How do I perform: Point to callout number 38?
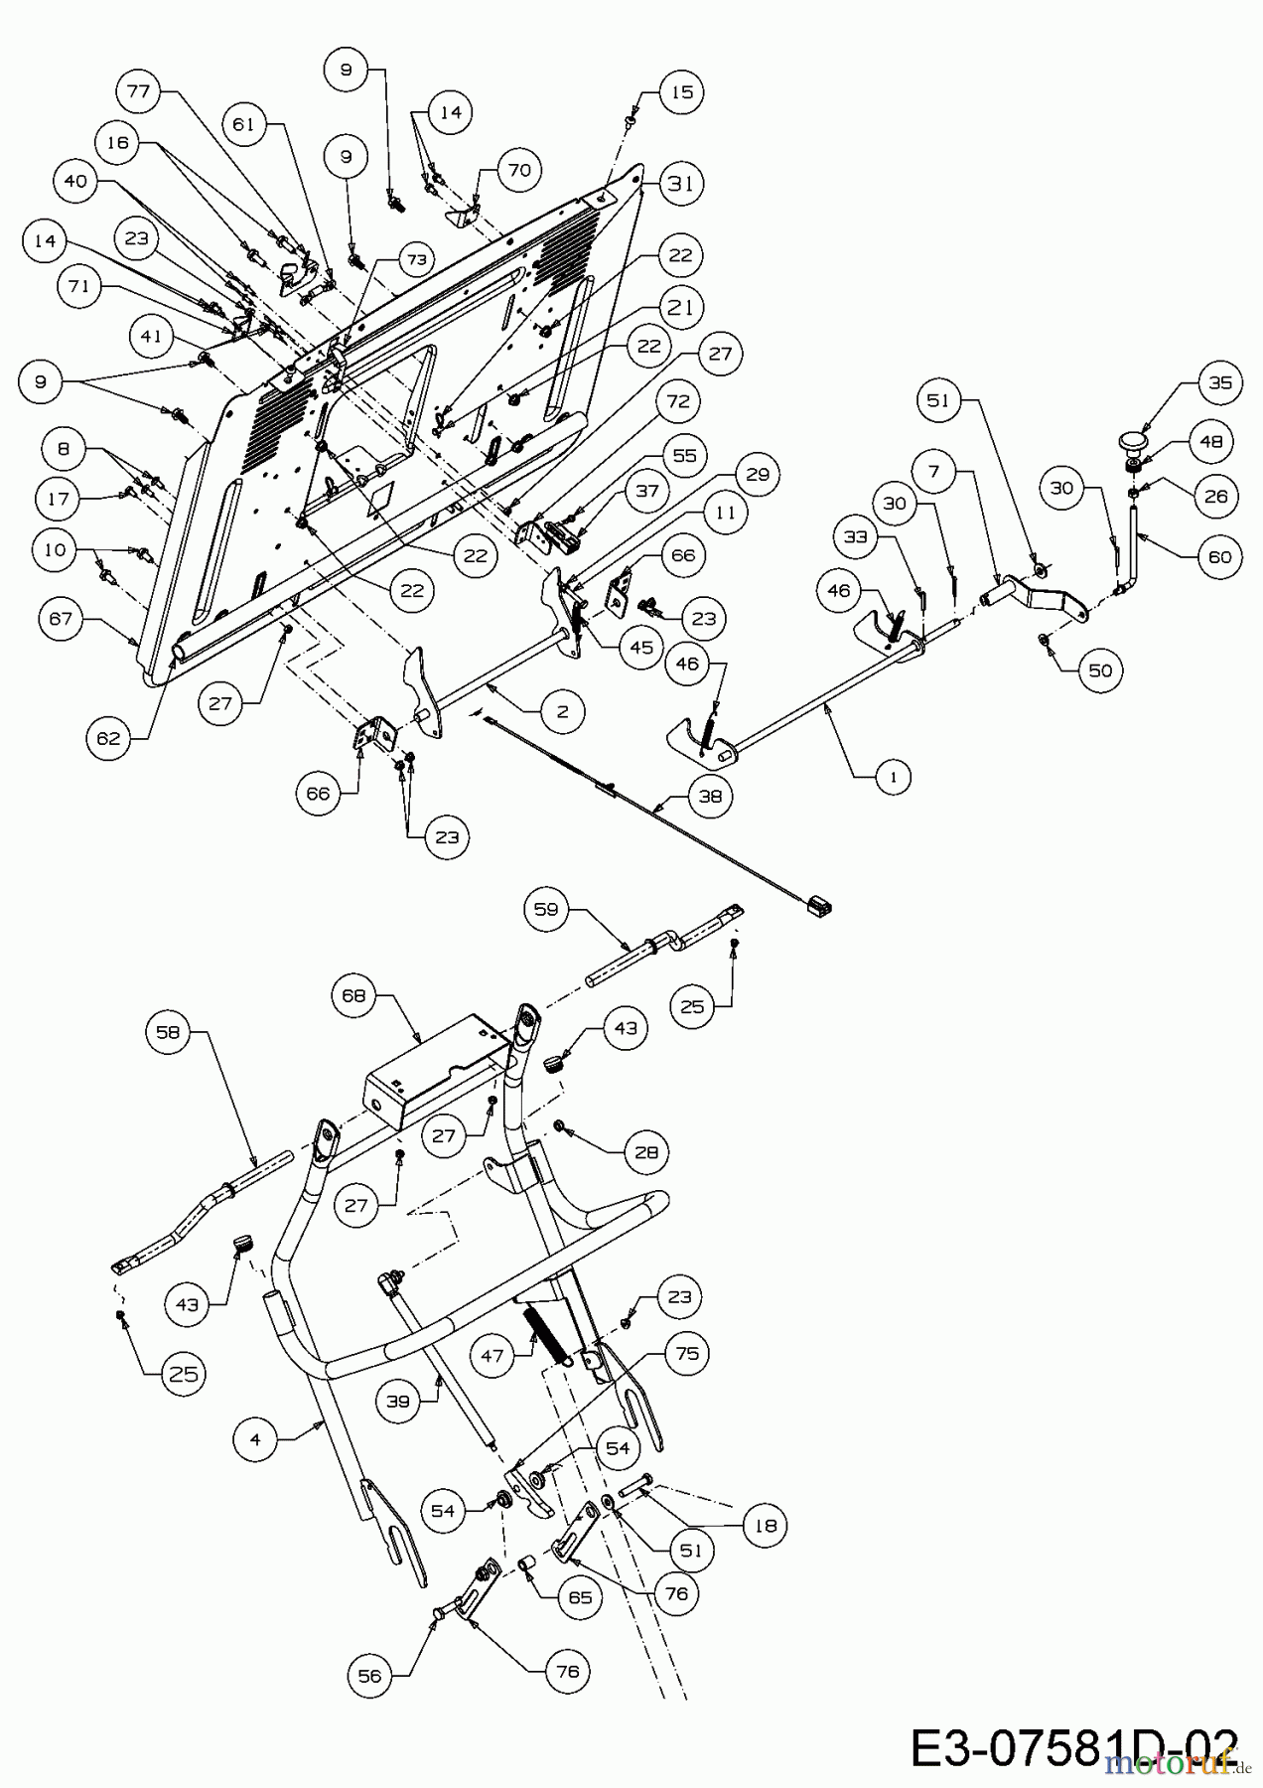(x=710, y=796)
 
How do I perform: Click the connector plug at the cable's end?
(x=819, y=904)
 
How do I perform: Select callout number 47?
(x=494, y=1356)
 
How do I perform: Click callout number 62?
(x=108, y=738)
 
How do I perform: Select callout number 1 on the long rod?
(x=893, y=777)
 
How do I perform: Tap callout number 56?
(x=369, y=1676)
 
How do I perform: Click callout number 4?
(x=256, y=1438)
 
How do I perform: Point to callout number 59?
(x=548, y=908)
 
